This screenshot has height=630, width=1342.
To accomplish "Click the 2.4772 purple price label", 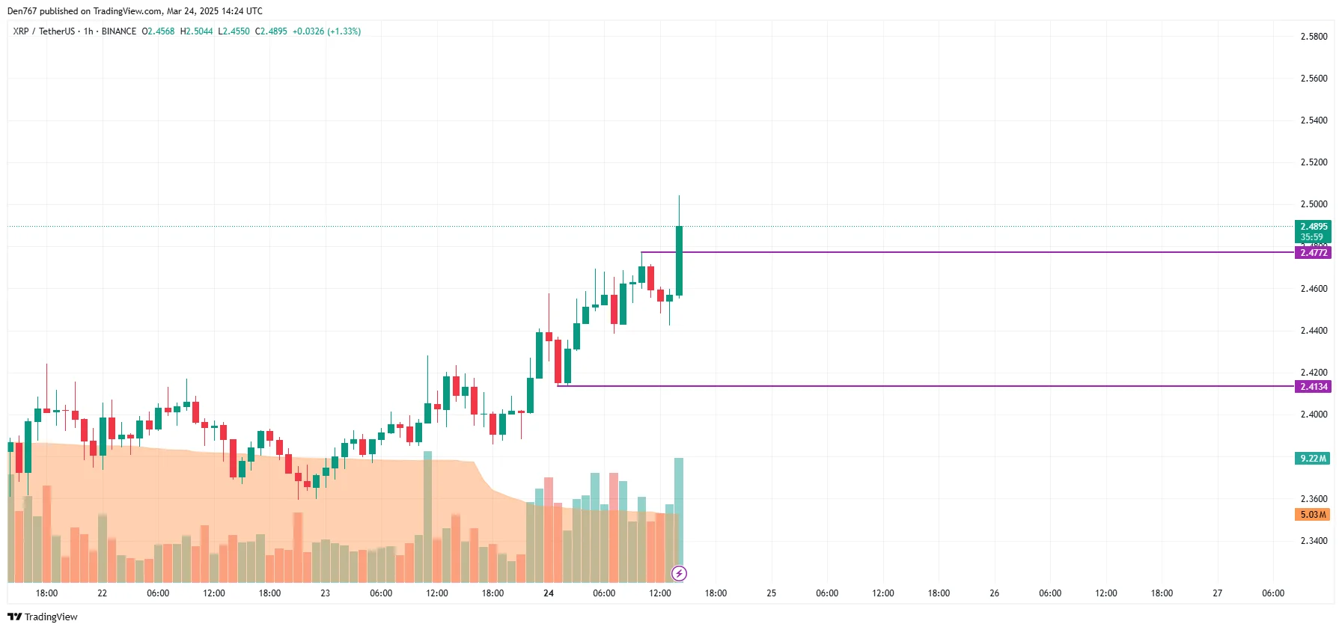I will (x=1313, y=253).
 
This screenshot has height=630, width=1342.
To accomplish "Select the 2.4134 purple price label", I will (x=1313, y=387).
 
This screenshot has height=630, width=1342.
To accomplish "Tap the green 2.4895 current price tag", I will (x=1313, y=227).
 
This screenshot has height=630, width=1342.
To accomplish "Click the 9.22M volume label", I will (x=1312, y=459).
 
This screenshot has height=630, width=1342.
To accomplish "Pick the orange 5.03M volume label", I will (x=1312, y=515).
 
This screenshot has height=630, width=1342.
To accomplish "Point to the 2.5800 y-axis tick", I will (x=1314, y=37).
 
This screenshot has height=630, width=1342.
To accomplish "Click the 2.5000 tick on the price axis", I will (x=1314, y=204).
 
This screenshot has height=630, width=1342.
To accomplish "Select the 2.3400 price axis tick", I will (x=1314, y=541).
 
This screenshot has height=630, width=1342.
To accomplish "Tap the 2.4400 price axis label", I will (x=1314, y=331).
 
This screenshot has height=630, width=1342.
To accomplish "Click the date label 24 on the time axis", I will (x=549, y=593).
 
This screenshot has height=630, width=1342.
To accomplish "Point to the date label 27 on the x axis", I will (x=1218, y=593).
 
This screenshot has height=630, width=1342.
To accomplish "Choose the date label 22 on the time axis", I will (x=103, y=593).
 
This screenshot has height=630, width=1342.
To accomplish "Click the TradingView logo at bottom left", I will (x=43, y=617).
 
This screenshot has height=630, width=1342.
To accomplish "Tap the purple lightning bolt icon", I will (x=679, y=574).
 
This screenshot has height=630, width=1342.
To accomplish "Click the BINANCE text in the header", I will (x=119, y=31).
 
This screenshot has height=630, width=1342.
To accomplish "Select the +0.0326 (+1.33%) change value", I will (x=326, y=31).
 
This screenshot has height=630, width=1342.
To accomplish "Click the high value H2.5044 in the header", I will (x=196, y=31).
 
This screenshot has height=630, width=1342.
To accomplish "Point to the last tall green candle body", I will (x=679, y=260).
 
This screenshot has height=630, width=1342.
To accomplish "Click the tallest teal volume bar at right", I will (x=679, y=516).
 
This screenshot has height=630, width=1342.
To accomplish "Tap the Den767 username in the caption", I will (x=22, y=11).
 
